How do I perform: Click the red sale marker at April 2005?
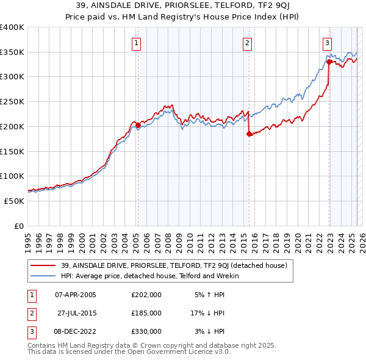pos(138,126)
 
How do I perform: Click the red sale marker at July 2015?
pos(249,134)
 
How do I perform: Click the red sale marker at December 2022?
pos(329,62)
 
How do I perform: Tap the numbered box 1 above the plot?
pos(135,43)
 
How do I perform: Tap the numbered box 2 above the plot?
pos(247,43)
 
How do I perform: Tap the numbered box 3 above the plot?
pos(328,43)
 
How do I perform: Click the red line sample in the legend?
pos(44,265)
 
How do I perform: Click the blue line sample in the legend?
pos(44,276)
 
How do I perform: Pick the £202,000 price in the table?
pos(146,295)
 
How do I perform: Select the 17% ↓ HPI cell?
pos(208,313)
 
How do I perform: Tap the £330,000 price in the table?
pos(146,331)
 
